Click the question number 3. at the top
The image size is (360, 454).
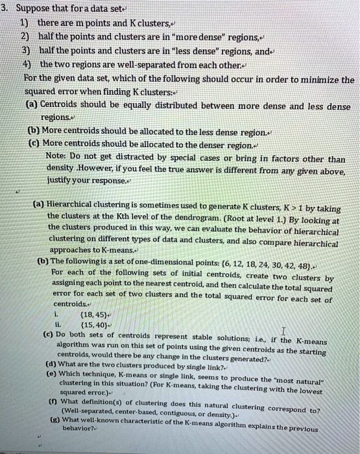tap(5, 9)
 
